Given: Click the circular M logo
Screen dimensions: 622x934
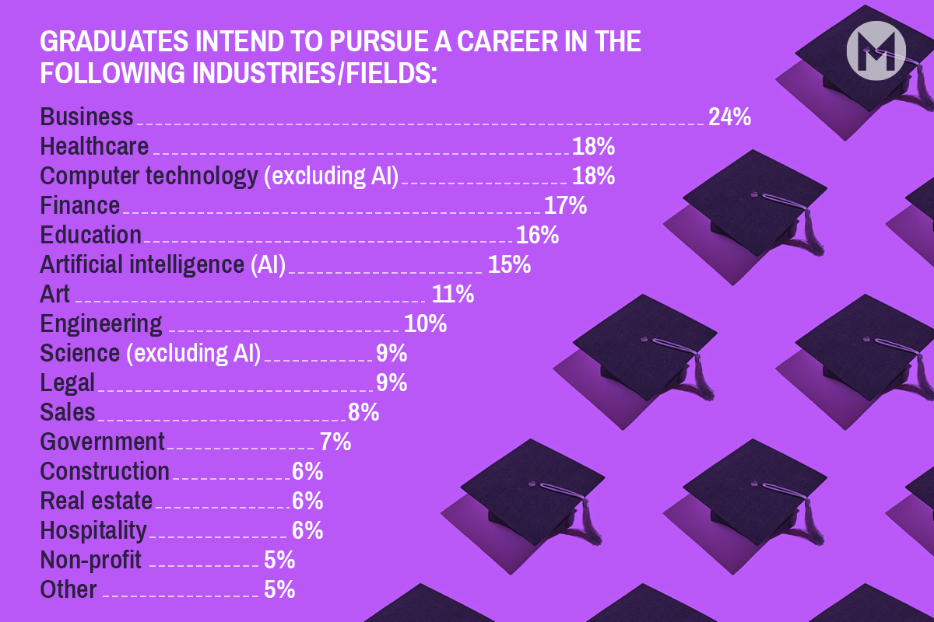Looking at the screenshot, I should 876,51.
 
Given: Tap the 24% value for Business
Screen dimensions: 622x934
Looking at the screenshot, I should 729,117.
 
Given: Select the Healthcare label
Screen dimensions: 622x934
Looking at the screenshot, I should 94,146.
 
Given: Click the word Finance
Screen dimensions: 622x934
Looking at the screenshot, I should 80,205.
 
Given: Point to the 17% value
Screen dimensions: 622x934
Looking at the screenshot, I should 565,205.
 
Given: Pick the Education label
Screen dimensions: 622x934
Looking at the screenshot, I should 91,235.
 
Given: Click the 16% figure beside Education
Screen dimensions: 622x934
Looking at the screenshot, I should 537,235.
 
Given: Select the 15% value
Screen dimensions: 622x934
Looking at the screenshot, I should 509,264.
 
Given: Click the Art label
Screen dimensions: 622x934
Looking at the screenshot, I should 55,294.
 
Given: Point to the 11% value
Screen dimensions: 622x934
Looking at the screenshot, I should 452,294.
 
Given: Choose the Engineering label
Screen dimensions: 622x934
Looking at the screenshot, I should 101,323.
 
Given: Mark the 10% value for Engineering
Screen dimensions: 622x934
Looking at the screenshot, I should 425,323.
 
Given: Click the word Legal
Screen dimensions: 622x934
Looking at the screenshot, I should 68,383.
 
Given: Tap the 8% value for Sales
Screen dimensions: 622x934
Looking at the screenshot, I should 363,412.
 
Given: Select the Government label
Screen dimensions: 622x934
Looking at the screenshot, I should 103,442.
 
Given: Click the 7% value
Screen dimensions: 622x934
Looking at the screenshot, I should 335,442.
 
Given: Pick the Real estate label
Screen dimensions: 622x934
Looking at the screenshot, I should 97,501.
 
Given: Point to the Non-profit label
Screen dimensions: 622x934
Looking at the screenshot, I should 91,560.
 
